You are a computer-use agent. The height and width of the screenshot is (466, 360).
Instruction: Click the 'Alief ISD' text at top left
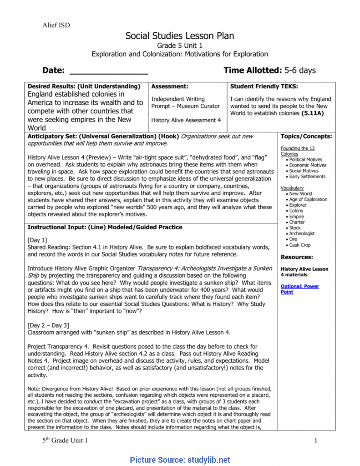[x=56, y=25]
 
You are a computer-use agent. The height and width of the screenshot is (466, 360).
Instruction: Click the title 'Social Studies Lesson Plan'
[x=180, y=36]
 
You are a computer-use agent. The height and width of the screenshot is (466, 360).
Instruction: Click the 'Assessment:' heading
[x=169, y=86]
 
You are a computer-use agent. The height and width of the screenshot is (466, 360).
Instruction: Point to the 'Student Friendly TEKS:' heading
[x=264, y=86]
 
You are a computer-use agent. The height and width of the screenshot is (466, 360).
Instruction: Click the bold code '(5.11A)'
[x=313, y=113]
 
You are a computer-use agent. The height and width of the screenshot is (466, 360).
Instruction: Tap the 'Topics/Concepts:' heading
[x=306, y=136]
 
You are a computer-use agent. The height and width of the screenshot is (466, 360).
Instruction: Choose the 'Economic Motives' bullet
[x=307, y=165]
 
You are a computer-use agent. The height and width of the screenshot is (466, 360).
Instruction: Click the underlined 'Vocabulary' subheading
[x=292, y=188]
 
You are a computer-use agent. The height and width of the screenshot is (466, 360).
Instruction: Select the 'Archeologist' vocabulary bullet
[x=302, y=234]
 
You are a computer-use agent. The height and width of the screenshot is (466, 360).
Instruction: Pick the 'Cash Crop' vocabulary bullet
[x=300, y=245]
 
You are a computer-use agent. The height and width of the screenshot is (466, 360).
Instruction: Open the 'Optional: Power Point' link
[x=299, y=289]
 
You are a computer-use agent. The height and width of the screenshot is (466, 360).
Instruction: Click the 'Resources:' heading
[x=297, y=257]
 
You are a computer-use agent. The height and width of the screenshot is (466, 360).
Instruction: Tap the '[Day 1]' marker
[x=37, y=240]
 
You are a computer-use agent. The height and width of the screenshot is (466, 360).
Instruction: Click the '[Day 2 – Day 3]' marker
[x=48, y=325]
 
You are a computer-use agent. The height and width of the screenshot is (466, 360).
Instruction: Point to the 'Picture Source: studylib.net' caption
[x=180, y=460]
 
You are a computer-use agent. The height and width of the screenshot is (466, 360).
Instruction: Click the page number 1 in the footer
[x=316, y=440]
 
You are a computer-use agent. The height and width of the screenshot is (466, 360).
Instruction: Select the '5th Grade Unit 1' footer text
[x=65, y=440]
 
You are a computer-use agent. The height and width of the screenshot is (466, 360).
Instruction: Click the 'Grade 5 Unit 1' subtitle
[x=180, y=46]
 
